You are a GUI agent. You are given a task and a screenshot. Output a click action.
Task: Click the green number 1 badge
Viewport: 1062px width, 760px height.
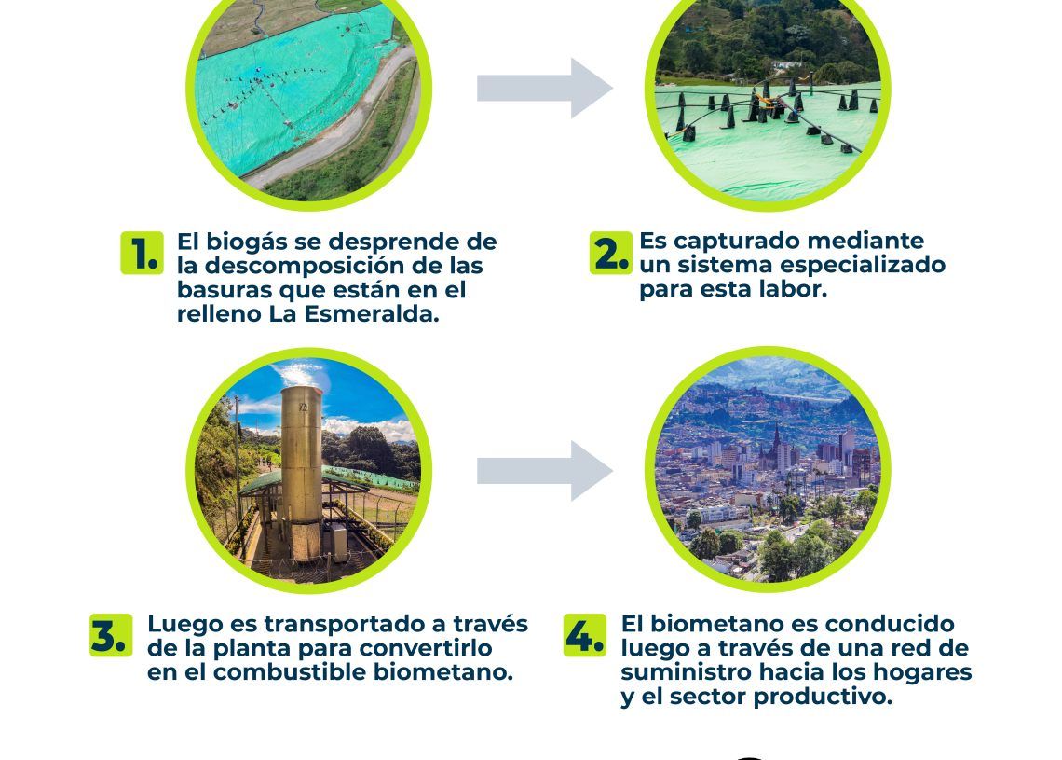[143, 253]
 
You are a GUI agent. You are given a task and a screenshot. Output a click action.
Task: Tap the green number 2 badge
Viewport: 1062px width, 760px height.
[611, 253]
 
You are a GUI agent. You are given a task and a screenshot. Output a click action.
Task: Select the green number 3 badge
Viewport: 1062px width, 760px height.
[111, 635]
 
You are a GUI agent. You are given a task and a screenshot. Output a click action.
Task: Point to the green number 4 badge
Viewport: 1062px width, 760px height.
[585, 635]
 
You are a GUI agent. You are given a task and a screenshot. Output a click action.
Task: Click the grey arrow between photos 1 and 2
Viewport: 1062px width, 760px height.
[545, 89]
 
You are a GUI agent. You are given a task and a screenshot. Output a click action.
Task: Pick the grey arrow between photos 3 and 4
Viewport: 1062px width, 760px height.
[545, 471]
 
